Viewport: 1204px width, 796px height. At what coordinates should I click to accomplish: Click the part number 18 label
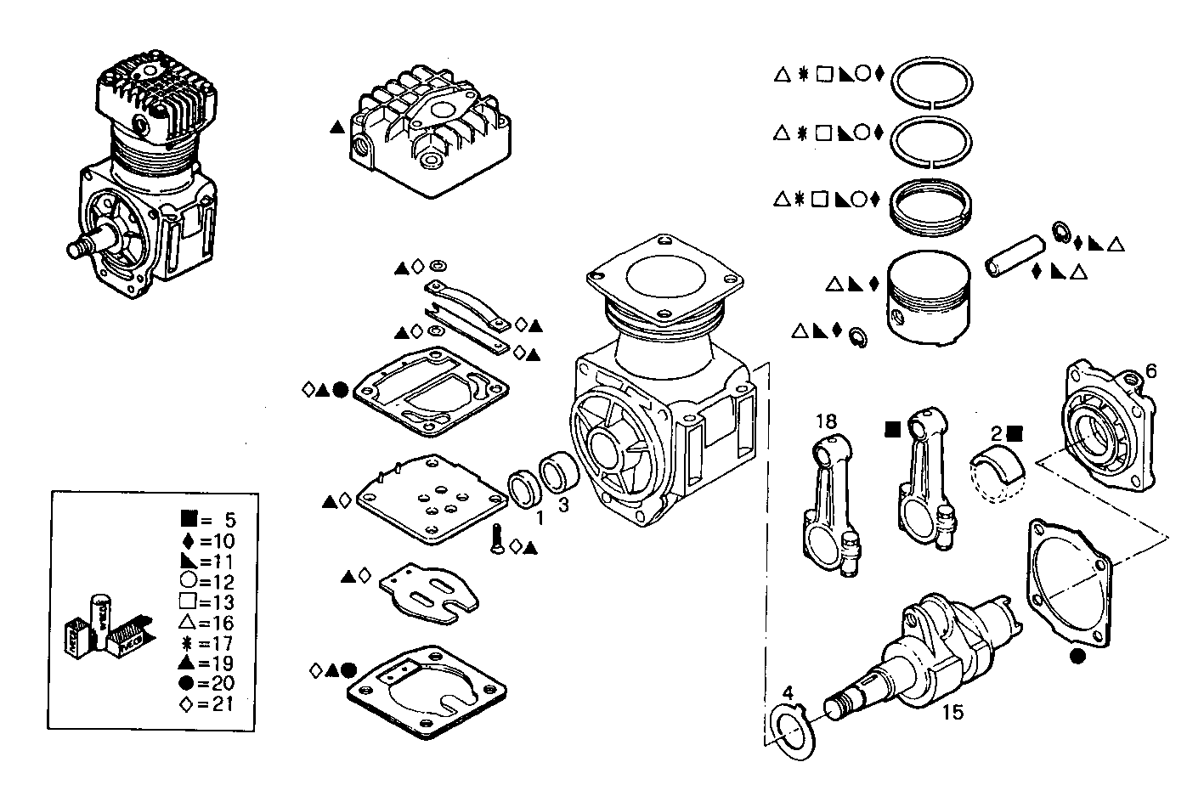(826, 421)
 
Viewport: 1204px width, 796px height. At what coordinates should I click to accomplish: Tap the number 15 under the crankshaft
(953, 712)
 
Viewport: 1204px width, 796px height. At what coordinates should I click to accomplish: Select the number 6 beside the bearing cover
(1150, 370)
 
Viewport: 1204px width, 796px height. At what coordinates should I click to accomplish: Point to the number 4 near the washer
(788, 693)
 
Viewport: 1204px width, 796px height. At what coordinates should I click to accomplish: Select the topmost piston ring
(932, 83)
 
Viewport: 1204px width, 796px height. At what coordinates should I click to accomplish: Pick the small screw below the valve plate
(497, 540)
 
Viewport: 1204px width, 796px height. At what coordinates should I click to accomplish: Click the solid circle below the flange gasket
(1077, 656)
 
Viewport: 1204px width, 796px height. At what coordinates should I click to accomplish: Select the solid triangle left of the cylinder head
(337, 128)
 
